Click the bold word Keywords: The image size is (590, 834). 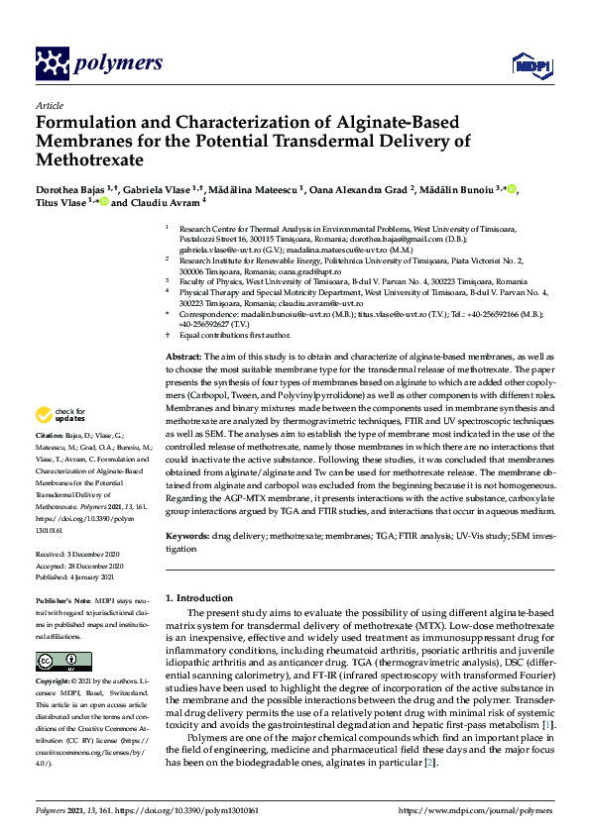[x=186, y=535]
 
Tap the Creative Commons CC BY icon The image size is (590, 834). [x=51, y=661]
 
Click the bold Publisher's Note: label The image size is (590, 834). [x=62, y=600]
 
